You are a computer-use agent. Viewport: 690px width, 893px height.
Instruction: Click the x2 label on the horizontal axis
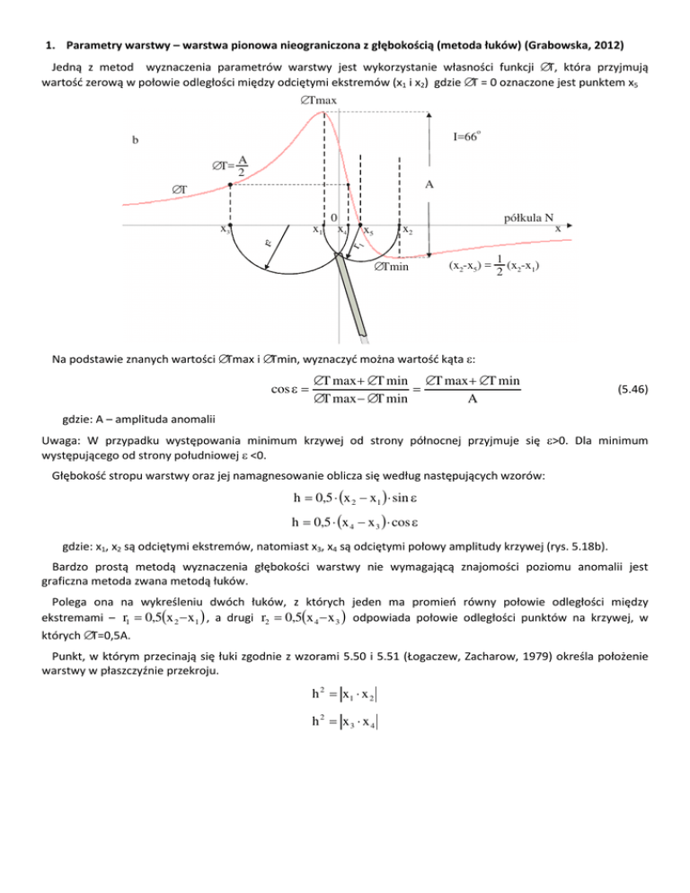coord(407,230)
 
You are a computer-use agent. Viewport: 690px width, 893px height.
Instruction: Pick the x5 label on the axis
coord(369,230)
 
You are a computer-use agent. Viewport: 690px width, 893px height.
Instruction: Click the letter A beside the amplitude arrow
coord(429,184)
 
